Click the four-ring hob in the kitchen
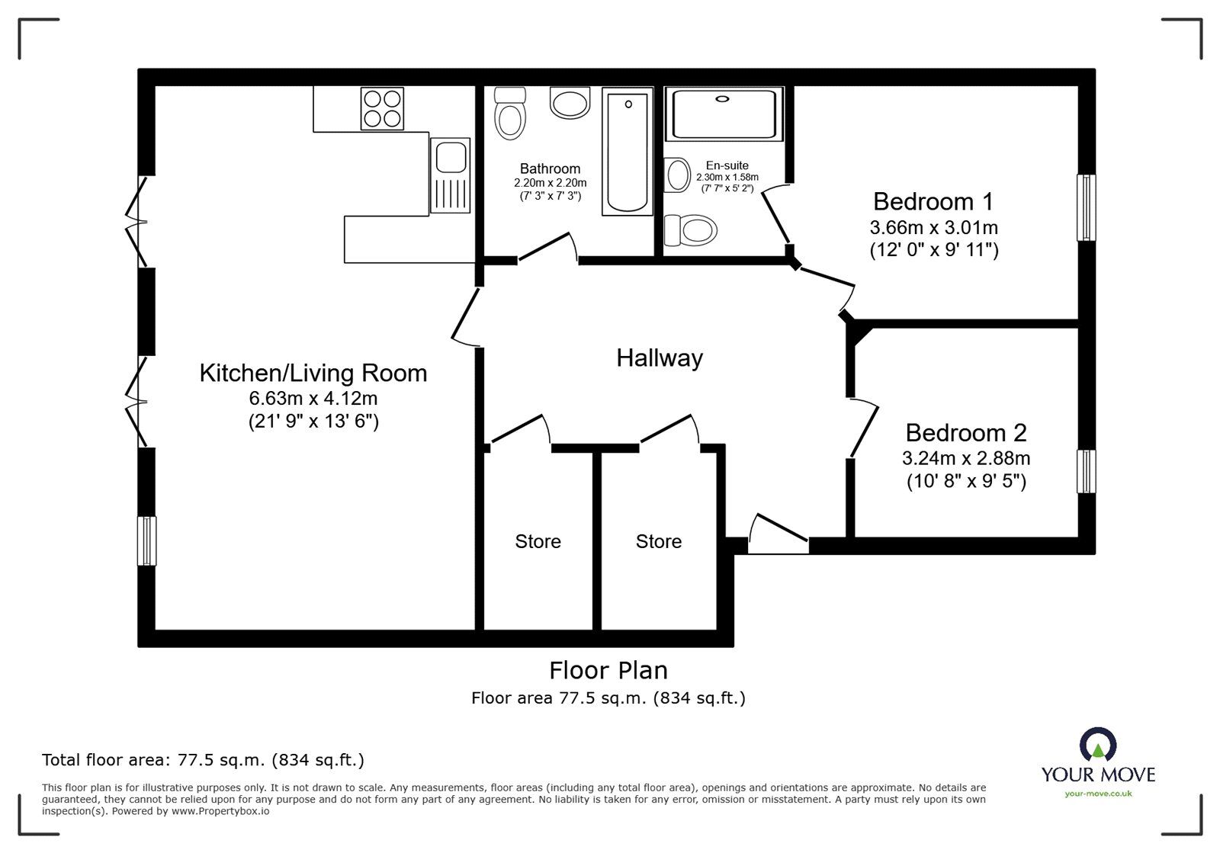pyautogui.click(x=382, y=109)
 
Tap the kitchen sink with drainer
pyautogui.click(x=450, y=175)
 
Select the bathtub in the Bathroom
pyautogui.click(x=628, y=152)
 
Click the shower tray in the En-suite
pyautogui.click(x=724, y=114)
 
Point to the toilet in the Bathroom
pyautogui.click(x=510, y=114)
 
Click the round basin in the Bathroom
pyautogui.click(x=570, y=102)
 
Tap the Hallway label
pyautogui.click(x=660, y=358)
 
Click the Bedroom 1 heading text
pyautogui.click(x=933, y=201)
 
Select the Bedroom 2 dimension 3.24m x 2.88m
pyautogui.click(x=966, y=458)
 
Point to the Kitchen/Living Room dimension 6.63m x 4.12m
pyautogui.click(x=313, y=399)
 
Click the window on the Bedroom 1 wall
pyautogui.click(x=1087, y=207)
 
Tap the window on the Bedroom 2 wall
pyautogui.click(x=1087, y=471)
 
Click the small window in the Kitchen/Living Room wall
pyautogui.click(x=146, y=541)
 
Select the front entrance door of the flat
pyautogui.click(x=778, y=534)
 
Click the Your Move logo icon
pyautogui.click(x=1098, y=744)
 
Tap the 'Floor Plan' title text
pyautogui.click(x=608, y=671)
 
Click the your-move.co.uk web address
pyautogui.click(x=1098, y=794)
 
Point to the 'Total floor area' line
pyautogui.click(x=203, y=760)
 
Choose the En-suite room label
pyautogui.click(x=727, y=165)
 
